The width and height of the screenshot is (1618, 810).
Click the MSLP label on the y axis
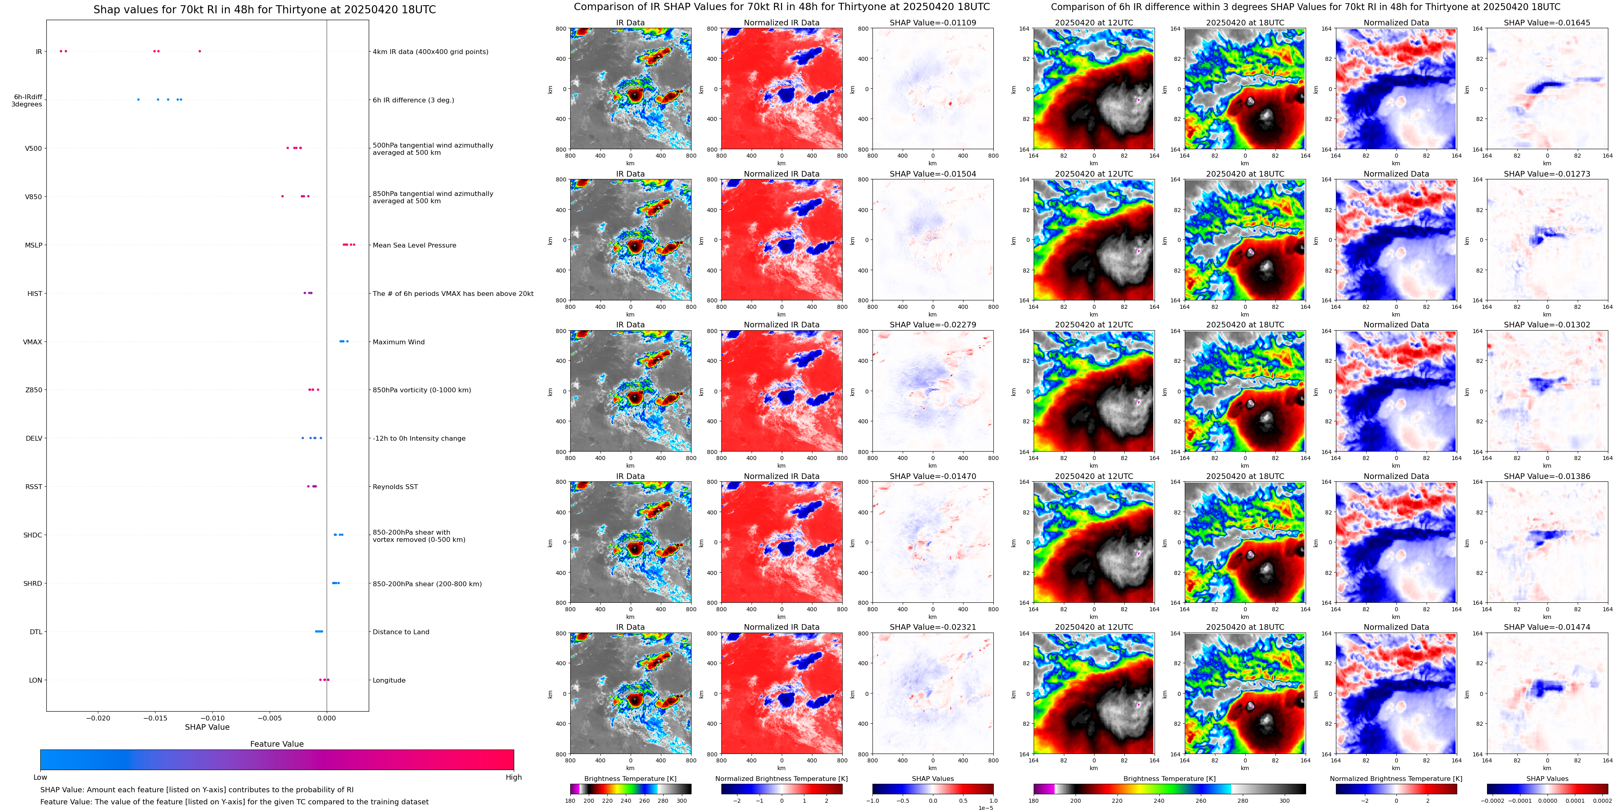33,245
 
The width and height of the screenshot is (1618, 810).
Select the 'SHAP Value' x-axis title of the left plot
207,727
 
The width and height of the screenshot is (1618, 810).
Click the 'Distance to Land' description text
401,632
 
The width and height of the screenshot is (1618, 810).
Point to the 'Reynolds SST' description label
395,487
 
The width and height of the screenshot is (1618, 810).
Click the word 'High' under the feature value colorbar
513,777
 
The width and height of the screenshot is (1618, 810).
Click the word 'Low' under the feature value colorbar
40,777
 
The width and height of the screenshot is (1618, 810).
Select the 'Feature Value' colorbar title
276,744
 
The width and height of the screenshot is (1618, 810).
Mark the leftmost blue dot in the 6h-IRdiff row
138,99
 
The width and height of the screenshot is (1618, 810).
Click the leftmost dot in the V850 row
282,196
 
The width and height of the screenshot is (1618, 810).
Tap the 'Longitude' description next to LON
389,681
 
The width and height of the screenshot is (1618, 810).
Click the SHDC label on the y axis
33,535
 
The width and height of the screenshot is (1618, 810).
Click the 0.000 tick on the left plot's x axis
326,718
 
